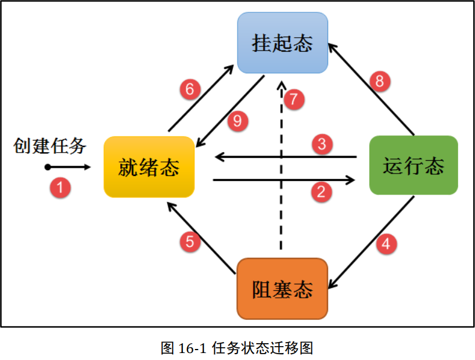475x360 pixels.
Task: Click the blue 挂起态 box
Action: [x=282, y=43]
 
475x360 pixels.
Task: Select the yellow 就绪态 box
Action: [x=149, y=167]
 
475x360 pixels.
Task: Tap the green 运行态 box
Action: [x=413, y=165]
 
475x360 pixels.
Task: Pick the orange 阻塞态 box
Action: [x=282, y=289]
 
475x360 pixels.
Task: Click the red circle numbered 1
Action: [x=60, y=187]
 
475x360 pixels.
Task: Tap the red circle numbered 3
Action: [x=322, y=143]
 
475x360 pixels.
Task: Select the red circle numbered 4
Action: [x=386, y=244]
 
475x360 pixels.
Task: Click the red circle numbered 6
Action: [x=189, y=90]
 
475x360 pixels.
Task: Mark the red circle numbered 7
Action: [x=294, y=99]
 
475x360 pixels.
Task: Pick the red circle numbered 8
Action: [x=379, y=81]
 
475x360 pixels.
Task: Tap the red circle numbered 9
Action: [x=237, y=121]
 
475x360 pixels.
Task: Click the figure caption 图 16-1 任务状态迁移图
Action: [x=237, y=348]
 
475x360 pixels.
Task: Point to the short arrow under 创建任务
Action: [x=68, y=167]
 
